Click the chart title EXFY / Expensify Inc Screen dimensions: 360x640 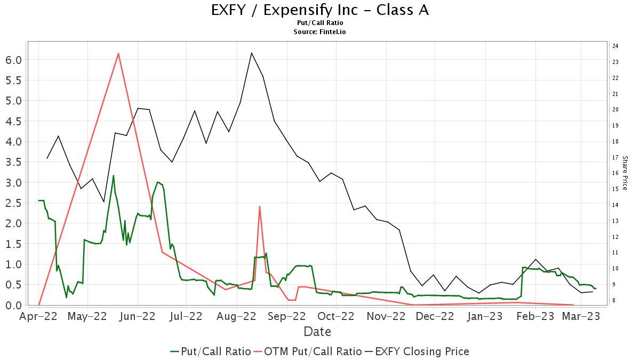tap(319, 11)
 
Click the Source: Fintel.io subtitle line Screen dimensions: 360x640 tap(319, 32)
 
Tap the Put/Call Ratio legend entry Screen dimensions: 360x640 tap(211, 351)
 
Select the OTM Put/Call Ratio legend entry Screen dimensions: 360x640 tap(306, 351)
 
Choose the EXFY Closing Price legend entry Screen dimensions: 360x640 tap(417, 351)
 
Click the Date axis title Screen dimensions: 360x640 tap(317, 332)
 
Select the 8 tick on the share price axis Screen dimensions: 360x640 tap(615, 301)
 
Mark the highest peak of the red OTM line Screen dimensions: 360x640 tap(118, 53)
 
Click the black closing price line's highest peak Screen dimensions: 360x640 tap(251, 53)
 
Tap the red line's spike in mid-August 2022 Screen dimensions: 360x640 tap(259, 206)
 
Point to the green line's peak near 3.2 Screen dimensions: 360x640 tap(114, 175)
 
